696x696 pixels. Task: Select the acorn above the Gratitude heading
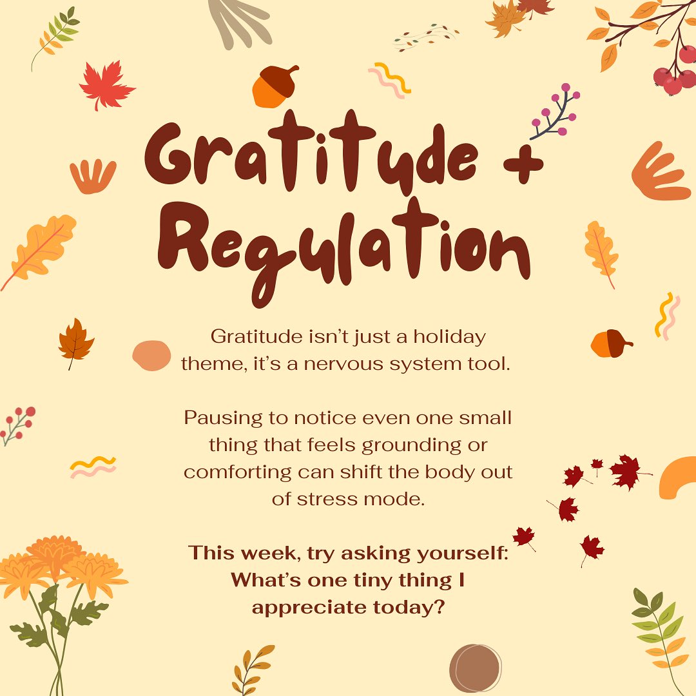[275, 86]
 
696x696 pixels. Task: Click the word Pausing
[222, 418]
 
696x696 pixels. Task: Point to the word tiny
[359, 580]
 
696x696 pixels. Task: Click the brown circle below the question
[475, 669]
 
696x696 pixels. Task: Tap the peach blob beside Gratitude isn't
[151, 355]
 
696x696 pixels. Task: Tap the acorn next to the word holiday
[610, 344]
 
